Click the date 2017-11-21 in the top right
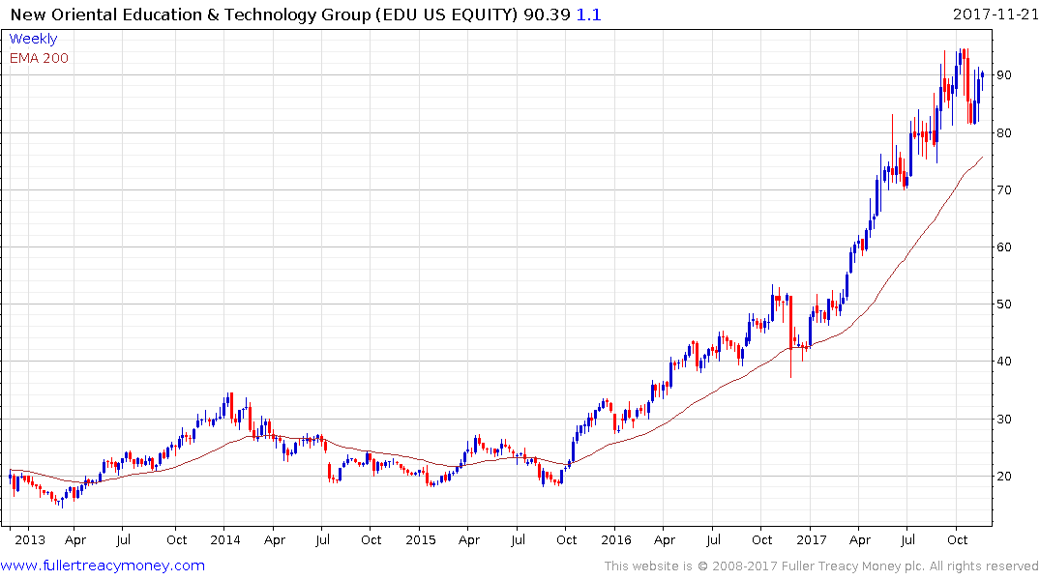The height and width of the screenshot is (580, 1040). pos(994,14)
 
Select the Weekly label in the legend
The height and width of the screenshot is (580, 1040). pos(33,39)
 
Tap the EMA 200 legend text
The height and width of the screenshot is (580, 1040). pos(39,58)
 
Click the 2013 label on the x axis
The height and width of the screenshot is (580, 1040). pos(30,539)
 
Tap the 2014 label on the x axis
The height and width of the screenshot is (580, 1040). pos(225,539)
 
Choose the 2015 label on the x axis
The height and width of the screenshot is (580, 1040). pos(421,539)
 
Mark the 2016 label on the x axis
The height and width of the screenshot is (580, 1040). pos(616,539)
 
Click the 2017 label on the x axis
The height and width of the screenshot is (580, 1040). pos(812,539)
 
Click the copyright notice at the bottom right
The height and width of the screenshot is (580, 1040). pos(821,566)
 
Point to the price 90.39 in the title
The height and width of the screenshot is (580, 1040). pos(542,14)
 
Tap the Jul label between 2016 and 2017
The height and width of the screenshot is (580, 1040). pos(714,539)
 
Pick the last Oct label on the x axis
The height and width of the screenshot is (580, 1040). pos(958,539)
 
